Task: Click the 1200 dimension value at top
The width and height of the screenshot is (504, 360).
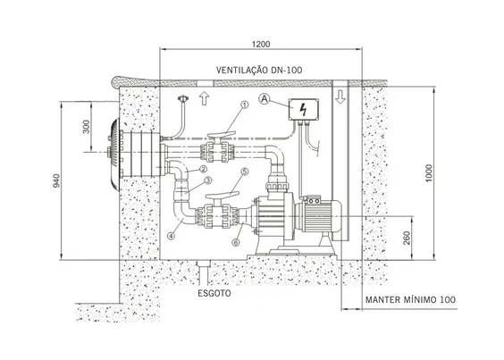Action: pos(261,44)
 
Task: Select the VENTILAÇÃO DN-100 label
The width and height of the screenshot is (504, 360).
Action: pos(259,70)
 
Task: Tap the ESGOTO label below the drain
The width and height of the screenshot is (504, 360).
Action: pos(214,293)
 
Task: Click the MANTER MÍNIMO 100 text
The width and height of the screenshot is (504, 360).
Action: pos(410,300)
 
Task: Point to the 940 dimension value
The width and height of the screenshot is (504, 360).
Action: pos(56,180)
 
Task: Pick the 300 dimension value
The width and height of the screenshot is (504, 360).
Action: pos(87,127)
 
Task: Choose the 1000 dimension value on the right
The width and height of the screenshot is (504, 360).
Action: pos(429,173)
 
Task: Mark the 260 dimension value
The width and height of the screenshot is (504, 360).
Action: pos(407,238)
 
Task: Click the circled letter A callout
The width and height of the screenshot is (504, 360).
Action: pos(265,99)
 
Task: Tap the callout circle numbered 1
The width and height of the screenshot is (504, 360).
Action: pos(245,105)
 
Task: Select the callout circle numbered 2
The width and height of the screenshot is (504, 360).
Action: pos(203,169)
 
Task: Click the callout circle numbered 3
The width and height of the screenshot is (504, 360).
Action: pos(208,180)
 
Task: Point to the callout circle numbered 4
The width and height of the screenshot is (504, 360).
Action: pos(172,236)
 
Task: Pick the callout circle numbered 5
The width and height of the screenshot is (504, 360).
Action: pos(245,172)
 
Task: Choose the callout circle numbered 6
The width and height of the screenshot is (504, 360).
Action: pos(236,242)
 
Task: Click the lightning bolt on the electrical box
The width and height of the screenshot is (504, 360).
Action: pos(303,110)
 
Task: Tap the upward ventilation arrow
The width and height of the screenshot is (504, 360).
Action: pos(204,98)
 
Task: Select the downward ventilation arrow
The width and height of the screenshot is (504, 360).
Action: pos(340,96)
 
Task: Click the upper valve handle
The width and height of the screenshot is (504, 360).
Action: pos(222,134)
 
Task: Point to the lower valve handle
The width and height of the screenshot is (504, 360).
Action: pos(223,195)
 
